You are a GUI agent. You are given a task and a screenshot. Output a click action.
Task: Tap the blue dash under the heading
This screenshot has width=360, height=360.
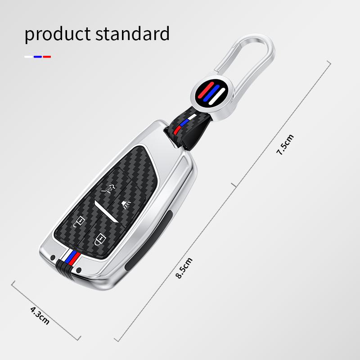coord(38,57)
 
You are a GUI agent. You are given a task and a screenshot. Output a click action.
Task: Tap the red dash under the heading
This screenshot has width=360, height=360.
coord(47,57)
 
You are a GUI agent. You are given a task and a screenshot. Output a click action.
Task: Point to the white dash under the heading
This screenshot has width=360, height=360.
coord(28,57)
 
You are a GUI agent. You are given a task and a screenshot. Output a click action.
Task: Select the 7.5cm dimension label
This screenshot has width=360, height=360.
coord(284,144)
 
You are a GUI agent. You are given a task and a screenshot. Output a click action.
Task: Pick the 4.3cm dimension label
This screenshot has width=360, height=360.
coord(40,315)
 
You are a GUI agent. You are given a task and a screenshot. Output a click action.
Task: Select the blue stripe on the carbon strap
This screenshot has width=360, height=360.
coord(184,123)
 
